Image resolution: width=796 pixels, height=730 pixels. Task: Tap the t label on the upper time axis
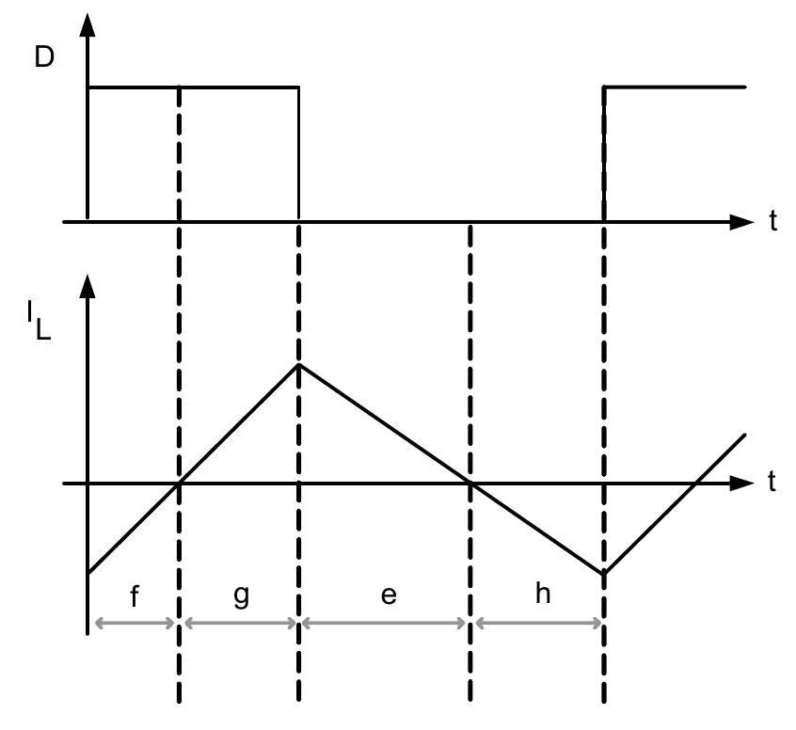pyautogui.click(x=772, y=224)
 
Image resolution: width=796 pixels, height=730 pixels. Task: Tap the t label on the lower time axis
pyautogui.click(x=772, y=484)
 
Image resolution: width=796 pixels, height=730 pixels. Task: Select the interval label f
pyautogui.click(x=135, y=597)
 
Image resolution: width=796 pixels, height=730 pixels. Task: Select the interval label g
pyautogui.click(x=242, y=597)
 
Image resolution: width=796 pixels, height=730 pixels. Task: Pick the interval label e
pyautogui.click(x=387, y=599)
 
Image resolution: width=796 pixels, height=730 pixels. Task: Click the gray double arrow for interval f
pyautogui.click(x=133, y=623)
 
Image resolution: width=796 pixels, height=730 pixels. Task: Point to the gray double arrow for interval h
pyautogui.click(x=538, y=623)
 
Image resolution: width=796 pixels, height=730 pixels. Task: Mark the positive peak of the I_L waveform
pyautogui.click(x=298, y=364)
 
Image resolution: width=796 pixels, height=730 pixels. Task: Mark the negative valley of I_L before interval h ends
pyautogui.click(x=603, y=572)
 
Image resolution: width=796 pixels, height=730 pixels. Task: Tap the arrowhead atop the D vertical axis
pyautogui.click(x=88, y=24)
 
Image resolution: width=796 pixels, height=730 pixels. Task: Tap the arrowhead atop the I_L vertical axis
pyautogui.click(x=88, y=283)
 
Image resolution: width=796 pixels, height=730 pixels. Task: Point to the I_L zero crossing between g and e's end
pyautogui.click(x=470, y=484)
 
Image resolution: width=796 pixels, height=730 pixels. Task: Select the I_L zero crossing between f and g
pyautogui.click(x=179, y=484)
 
